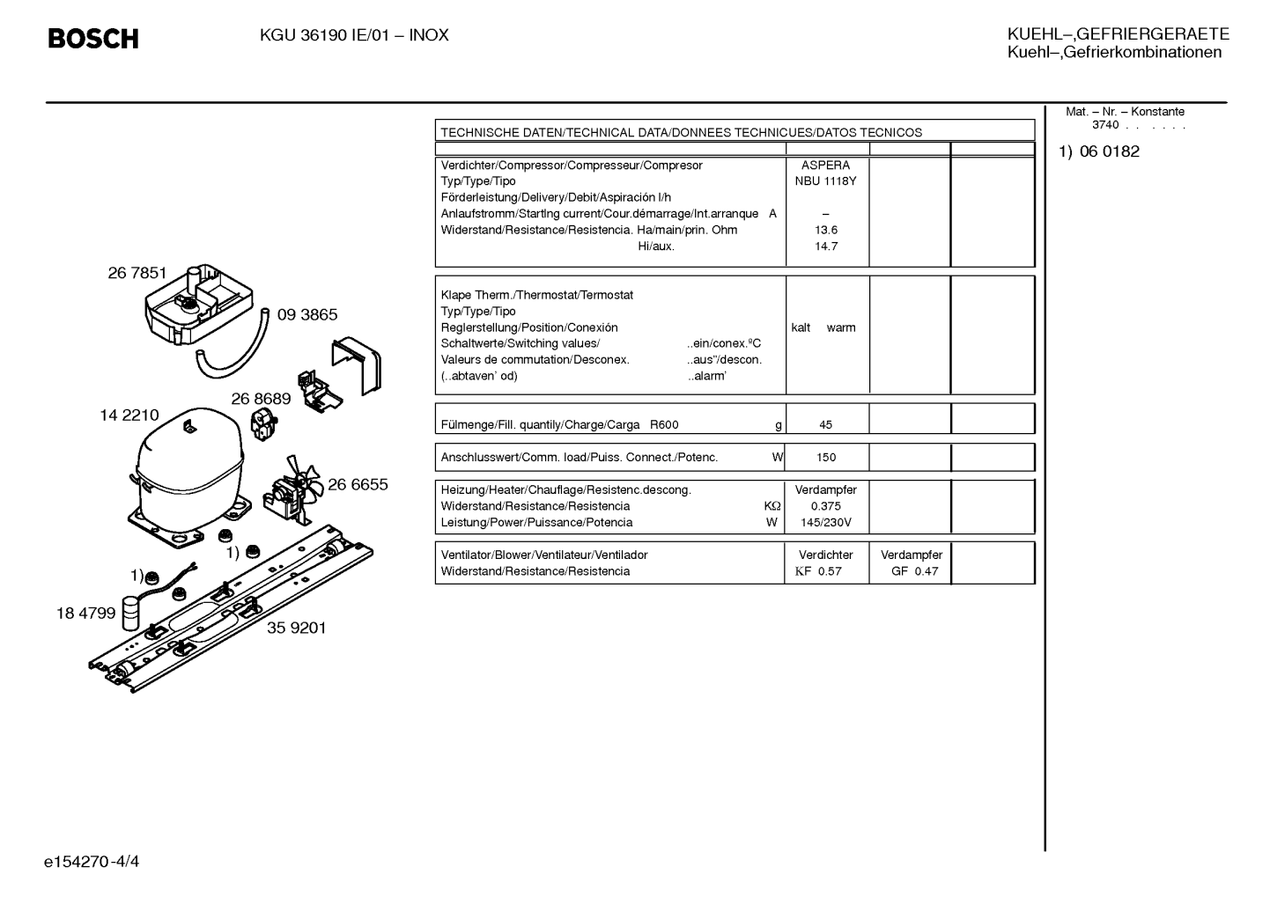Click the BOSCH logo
pyautogui.click(x=93, y=39)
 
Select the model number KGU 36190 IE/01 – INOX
pyautogui.click(x=354, y=35)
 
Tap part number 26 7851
pyautogui.click(x=137, y=273)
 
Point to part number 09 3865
pyautogui.click(x=307, y=314)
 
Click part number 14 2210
pyautogui.click(x=129, y=415)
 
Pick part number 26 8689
pyautogui.click(x=261, y=399)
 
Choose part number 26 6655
pyautogui.click(x=358, y=484)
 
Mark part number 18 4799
pyautogui.click(x=85, y=613)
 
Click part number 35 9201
pyautogui.click(x=297, y=628)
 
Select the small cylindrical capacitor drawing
pyautogui.click(x=130, y=613)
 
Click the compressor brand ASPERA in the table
pyautogui.click(x=825, y=165)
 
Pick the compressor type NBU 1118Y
pyautogui.click(x=825, y=181)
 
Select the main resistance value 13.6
pyautogui.click(x=826, y=230)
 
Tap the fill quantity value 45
pyautogui.click(x=825, y=425)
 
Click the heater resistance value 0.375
pyautogui.click(x=826, y=506)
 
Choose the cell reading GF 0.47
pyautogui.click(x=914, y=571)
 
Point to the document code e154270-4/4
pyautogui.click(x=92, y=862)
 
